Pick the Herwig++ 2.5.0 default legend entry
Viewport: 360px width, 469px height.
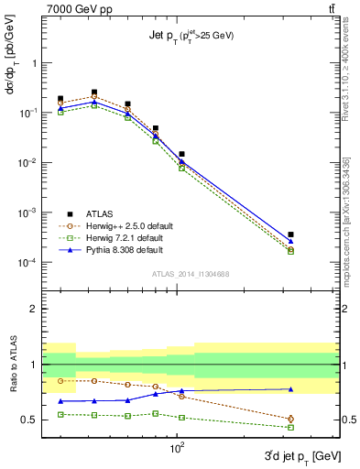click(134, 225)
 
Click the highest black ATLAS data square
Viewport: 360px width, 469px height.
click(94, 93)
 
